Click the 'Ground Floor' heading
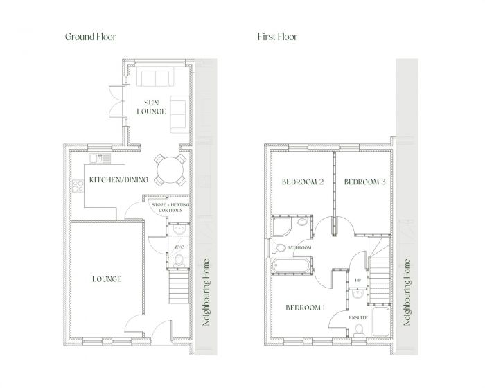(91, 36)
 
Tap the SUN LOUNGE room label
(150, 107)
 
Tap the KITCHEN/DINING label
(119, 180)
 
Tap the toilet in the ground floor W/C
(179, 260)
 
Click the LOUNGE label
(107, 279)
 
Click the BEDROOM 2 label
(303, 182)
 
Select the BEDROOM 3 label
(364, 182)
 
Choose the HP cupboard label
(358, 281)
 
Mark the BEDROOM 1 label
(306, 307)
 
